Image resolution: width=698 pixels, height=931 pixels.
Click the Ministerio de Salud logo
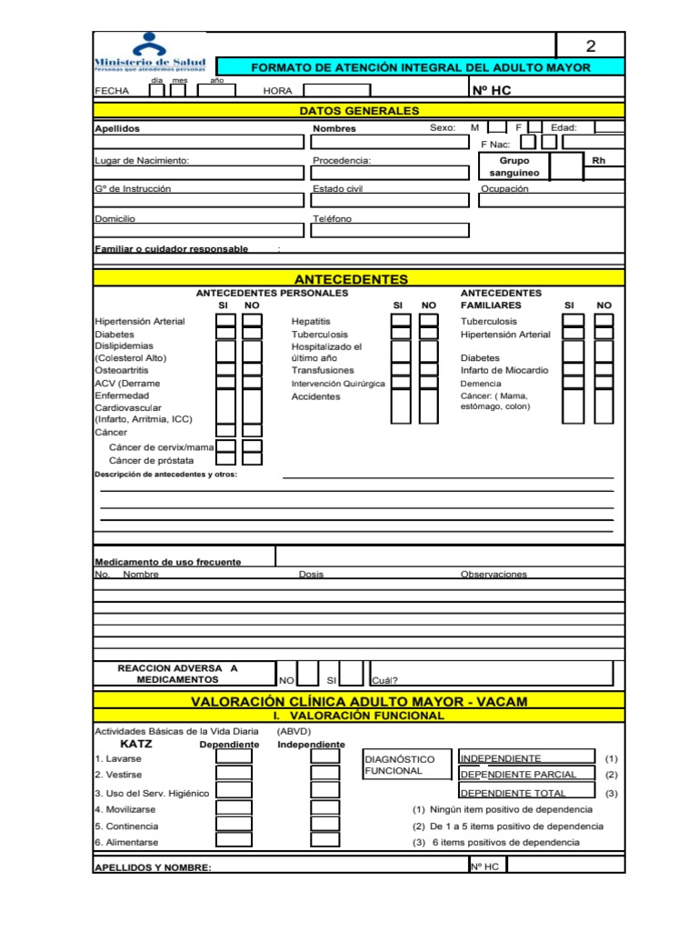tap(150, 53)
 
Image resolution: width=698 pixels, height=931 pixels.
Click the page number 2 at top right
tap(590, 46)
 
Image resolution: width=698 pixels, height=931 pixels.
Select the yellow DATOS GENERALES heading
tap(359, 111)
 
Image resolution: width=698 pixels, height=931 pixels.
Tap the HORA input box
tap(336, 90)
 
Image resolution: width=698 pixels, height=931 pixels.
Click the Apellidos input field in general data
tap(199, 142)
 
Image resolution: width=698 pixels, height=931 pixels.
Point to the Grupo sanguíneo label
tap(514, 166)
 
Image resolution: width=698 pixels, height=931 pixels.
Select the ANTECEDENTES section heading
tap(351, 279)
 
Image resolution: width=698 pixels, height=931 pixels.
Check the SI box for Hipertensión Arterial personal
tap(225, 321)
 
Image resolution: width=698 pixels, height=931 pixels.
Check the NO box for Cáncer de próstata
tap(253, 460)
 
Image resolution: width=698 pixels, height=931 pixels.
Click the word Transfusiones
tap(323, 371)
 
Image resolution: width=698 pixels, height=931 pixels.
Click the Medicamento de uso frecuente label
tap(168, 562)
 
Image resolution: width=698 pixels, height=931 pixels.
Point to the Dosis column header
tap(311, 575)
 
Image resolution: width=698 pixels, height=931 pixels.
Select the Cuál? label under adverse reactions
tap(384, 680)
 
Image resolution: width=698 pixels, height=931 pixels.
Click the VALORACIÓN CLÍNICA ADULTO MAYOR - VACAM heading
tap(359, 701)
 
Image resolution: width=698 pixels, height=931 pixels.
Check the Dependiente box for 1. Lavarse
tap(234, 757)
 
